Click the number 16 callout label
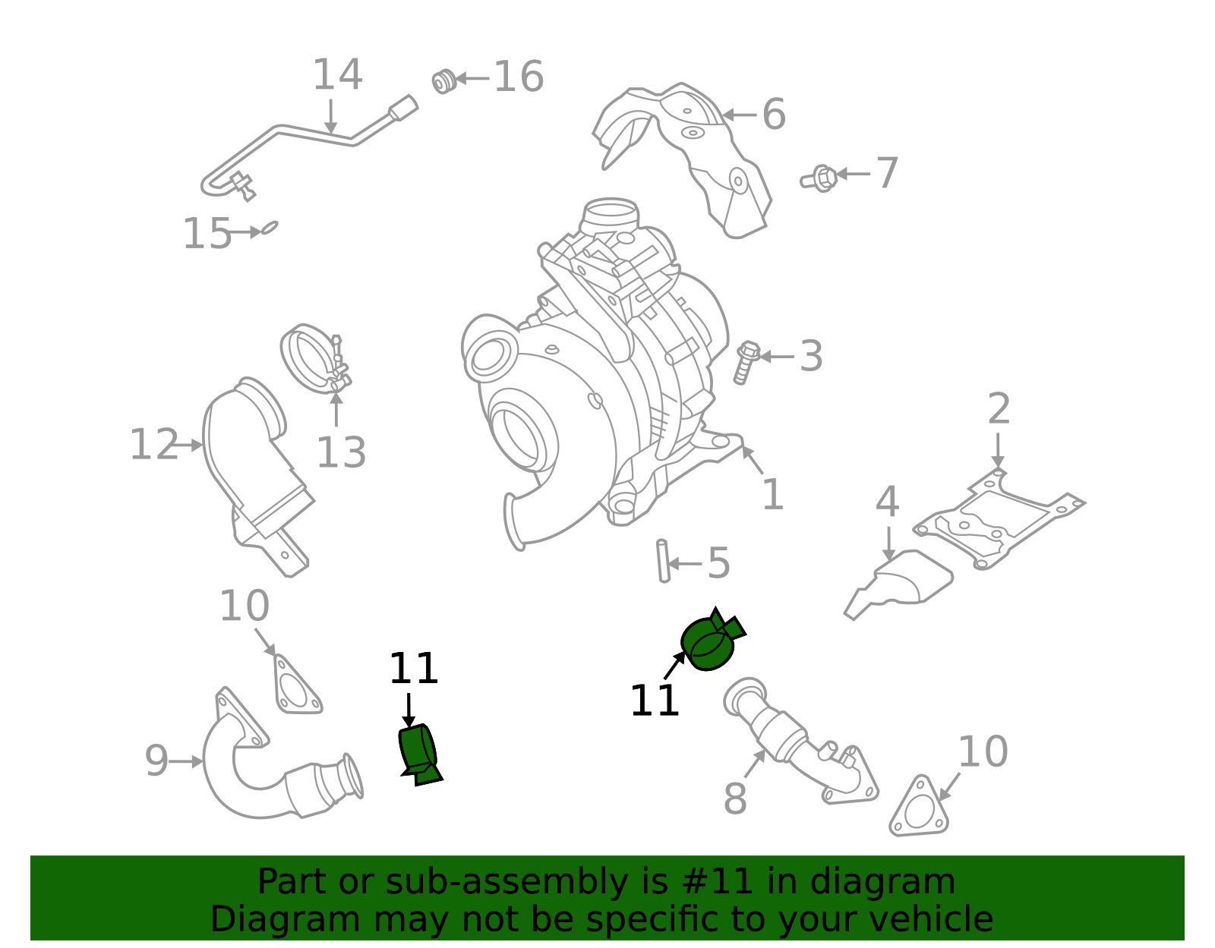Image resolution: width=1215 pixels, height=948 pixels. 519,77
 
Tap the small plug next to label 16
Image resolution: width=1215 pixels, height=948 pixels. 443,80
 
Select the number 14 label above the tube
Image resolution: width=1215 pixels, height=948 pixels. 337,75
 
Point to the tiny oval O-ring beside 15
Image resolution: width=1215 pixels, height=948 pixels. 270,227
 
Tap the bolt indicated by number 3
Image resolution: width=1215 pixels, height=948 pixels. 746,362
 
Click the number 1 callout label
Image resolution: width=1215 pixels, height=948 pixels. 772,495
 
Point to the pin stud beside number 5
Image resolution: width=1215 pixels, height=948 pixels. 663,561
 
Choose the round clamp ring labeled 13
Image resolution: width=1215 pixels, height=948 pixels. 313,360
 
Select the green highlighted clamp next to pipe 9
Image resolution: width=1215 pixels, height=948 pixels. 419,753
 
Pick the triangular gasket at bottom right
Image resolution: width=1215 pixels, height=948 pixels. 920,808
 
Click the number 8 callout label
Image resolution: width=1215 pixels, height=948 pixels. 734,798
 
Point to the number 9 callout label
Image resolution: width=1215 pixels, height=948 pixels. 156,761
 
